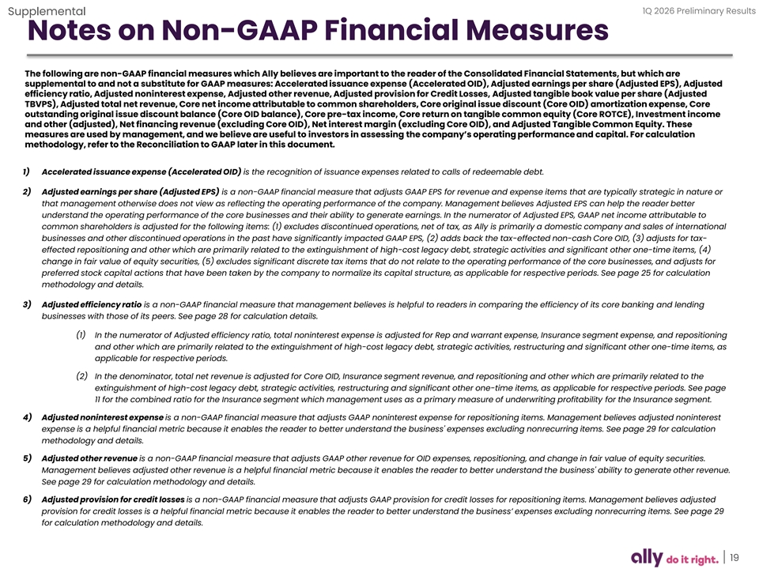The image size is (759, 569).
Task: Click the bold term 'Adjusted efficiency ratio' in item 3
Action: pyautogui.click(x=92, y=304)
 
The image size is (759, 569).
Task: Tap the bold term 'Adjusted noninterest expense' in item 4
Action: pyautogui.click(x=102, y=416)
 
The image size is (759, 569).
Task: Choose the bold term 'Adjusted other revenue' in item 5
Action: pyautogui.click(x=89, y=458)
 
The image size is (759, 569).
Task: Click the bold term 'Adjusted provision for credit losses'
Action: pyautogui.click(x=113, y=499)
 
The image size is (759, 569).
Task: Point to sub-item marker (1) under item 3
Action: pyautogui.click(x=81, y=334)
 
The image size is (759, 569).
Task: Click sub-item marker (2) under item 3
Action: pyautogui.click(x=81, y=375)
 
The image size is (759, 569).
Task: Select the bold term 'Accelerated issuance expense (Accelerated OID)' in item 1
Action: pyautogui.click(x=142, y=172)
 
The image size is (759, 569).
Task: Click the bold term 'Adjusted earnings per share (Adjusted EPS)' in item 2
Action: pyautogui.click(x=130, y=192)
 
